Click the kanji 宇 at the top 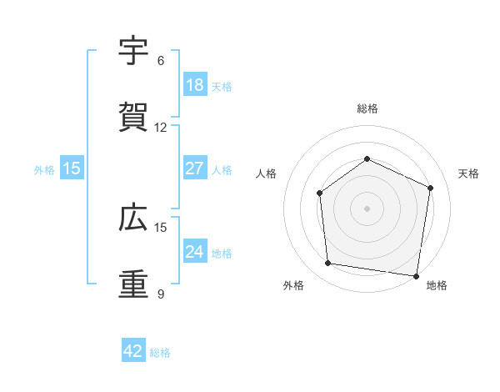[x=134, y=52]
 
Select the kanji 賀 [x=134, y=118]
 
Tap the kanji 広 [x=134, y=219]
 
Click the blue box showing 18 [x=194, y=85]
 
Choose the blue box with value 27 [x=194, y=168]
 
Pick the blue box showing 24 [x=194, y=252]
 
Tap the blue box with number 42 [x=133, y=352]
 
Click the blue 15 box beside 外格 [x=72, y=168]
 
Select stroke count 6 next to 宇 [x=161, y=61]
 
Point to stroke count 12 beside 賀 [x=161, y=128]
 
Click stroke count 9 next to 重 [x=161, y=294]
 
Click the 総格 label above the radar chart [x=367, y=109]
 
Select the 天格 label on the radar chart [x=469, y=173]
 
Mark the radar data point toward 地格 [x=416, y=275]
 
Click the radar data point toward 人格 [x=320, y=193]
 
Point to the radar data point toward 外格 [x=328, y=264]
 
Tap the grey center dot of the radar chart [x=367, y=209]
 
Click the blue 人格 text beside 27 [x=222, y=169]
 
